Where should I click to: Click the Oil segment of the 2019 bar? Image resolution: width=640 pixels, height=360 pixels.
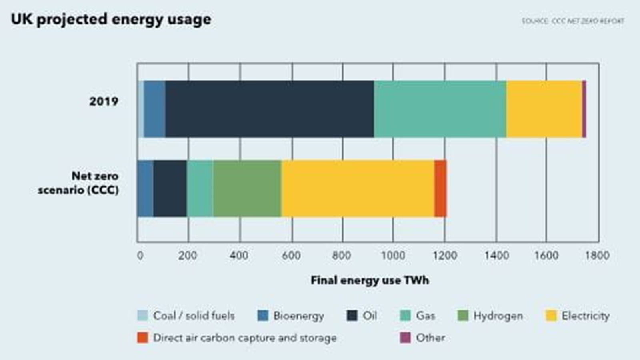[269, 109]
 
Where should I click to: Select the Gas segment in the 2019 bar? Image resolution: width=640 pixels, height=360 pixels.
[440, 109]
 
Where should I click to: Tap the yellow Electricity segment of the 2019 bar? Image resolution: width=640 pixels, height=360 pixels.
[544, 109]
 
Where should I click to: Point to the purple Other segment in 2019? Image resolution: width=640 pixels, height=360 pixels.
[584, 109]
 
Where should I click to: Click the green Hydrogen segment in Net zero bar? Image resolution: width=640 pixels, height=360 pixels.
[247, 188]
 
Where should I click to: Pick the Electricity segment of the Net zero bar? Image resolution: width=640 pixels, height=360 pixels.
[358, 188]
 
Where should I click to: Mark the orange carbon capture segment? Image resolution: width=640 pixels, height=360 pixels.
[440, 188]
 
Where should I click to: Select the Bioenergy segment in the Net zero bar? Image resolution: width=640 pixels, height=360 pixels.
[145, 188]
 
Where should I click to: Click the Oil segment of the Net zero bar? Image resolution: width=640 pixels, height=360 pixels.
[170, 188]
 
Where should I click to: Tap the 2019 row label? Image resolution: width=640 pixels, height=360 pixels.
[104, 101]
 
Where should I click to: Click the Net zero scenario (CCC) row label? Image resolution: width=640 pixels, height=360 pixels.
[79, 182]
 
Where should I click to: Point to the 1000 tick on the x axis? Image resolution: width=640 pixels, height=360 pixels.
[393, 255]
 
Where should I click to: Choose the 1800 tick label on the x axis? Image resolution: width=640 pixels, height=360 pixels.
[597, 255]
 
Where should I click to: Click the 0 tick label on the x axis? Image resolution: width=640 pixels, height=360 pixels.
[140, 255]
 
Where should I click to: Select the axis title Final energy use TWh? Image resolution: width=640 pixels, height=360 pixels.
[370, 280]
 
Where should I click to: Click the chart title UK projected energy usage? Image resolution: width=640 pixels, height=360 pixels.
[111, 19]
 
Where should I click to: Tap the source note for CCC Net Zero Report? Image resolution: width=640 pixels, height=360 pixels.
[572, 21]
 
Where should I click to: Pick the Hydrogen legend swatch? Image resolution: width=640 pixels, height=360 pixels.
[463, 316]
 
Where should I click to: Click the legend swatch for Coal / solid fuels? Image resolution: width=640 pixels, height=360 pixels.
[142, 316]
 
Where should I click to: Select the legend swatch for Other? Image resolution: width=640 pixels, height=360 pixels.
[405, 338]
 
